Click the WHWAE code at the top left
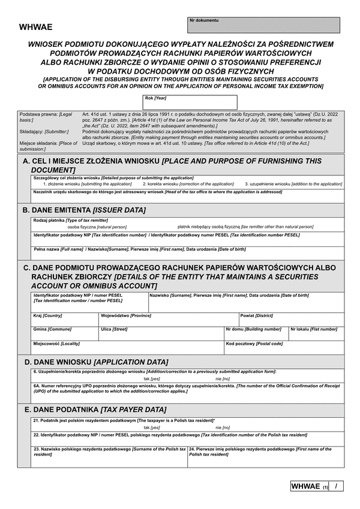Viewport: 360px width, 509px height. click(x=36, y=27)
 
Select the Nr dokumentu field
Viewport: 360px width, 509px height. click(x=264, y=25)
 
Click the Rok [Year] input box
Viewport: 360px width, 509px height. click(x=190, y=103)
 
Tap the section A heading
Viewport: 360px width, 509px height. click(x=172, y=165)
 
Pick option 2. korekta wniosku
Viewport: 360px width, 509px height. click(x=188, y=183)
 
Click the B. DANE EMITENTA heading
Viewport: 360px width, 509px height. click(x=84, y=210)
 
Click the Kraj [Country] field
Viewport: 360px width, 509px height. click(x=65, y=320)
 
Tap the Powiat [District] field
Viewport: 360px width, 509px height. click(x=291, y=320)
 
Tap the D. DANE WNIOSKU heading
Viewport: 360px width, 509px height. click(x=96, y=362)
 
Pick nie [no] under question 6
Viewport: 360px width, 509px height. click(x=222, y=379)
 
